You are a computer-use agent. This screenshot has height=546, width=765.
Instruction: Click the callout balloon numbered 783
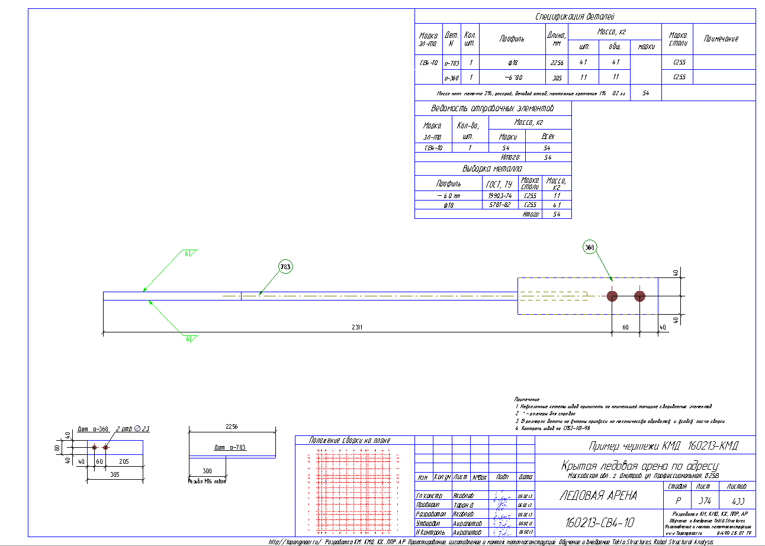click(x=285, y=267)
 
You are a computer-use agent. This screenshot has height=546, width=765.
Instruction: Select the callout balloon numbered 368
click(x=589, y=248)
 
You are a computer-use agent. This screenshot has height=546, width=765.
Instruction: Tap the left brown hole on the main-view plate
click(x=612, y=296)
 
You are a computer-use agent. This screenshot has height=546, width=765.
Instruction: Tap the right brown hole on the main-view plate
click(x=639, y=296)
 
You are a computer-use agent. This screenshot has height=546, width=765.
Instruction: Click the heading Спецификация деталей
click(x=584, y=17)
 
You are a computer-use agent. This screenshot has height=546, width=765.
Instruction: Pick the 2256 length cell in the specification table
click(x=557, y=62)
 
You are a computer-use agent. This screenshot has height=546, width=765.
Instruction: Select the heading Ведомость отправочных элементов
click(x=493, y=109)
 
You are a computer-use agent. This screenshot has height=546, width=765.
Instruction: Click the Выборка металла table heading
click(x=493, y=169)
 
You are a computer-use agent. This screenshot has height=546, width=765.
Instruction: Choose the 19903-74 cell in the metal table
click(x=500, y=196)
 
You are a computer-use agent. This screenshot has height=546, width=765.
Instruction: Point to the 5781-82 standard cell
click(x=500, y=205)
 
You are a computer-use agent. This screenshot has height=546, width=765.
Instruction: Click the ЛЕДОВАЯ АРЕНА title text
click(x=598, y=496)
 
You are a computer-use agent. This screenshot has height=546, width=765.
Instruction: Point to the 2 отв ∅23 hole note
click(x=133, y=428)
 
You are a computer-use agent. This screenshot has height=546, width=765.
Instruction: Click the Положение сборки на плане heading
click(x=354, y=441)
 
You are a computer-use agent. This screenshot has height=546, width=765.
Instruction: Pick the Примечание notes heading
click(x=527, y=400)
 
